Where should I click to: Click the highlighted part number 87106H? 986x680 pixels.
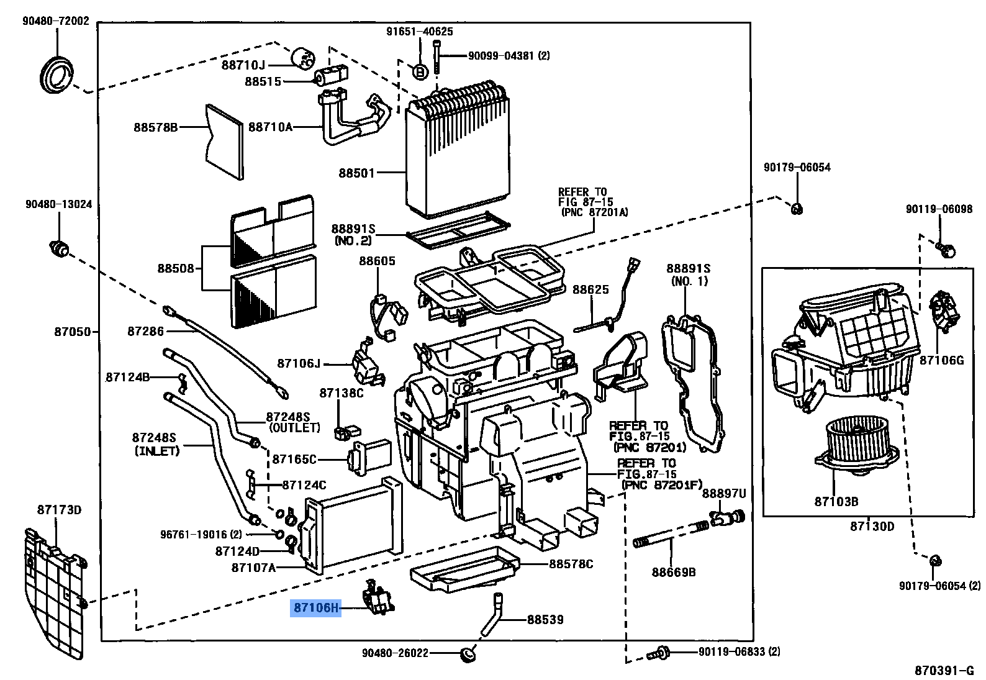[x=316, y=607]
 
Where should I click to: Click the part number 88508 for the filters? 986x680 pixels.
[x=176, y=268]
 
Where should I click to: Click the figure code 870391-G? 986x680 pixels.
[x=944, y=670]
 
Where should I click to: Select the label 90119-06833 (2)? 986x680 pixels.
[x=739, y=651]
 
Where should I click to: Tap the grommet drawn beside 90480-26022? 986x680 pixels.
[x=467, y=655]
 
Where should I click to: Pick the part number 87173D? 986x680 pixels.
[x=59, y=510]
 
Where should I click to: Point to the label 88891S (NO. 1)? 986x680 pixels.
[x=688, y=274]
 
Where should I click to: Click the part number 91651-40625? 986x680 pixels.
[x=419, y=31]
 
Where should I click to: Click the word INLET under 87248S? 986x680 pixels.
[x=157, y=451]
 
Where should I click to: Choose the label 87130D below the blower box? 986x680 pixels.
[x=872, y=527]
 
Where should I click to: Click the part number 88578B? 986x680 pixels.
[x=155, y=127]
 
